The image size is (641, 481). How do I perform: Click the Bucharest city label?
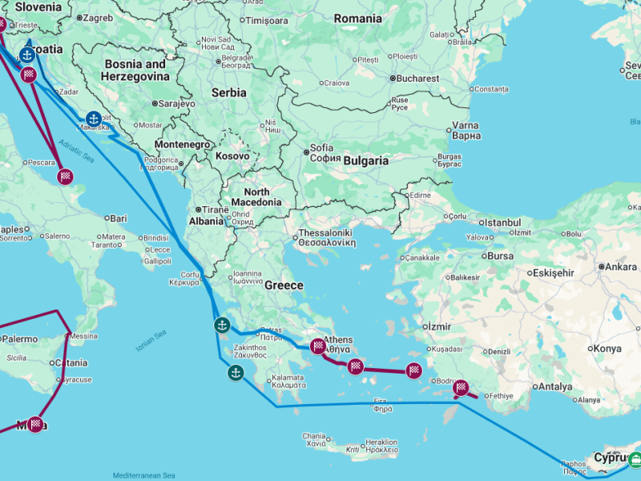[x=418, y=79]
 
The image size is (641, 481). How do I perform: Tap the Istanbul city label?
[x=502, y=222]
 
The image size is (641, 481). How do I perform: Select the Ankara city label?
[x=621, y=266]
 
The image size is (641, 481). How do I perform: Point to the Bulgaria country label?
[x=365, y=161]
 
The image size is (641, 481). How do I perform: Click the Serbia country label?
[x=228, y=93]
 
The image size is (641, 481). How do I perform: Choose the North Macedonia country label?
[x=256, y=197]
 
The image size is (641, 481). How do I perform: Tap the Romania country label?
[x=358, y=18]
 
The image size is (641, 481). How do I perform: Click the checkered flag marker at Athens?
[x=318, y=346]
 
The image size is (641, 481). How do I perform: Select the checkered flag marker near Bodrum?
[x=462, y=388]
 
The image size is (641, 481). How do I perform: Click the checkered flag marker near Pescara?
[x=66, y=176]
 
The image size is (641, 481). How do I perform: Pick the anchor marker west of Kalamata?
[x=236, y=372]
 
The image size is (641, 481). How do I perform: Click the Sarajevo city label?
[x=176, y=103]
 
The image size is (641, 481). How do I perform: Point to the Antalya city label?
[x=555, y=386]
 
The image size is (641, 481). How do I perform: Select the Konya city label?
[x=607, y=349]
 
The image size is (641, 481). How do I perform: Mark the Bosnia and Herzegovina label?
[x=135, y=70]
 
